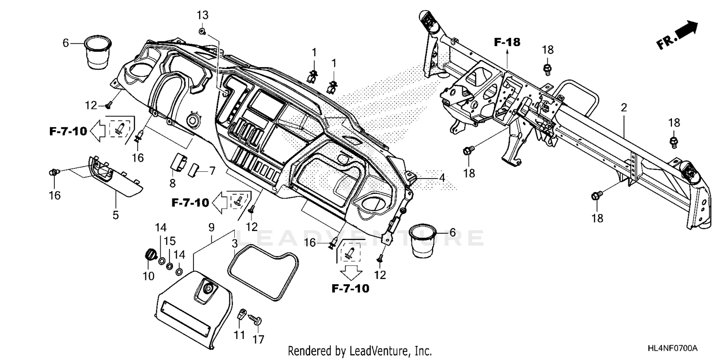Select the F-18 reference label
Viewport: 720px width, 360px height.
point(507,42)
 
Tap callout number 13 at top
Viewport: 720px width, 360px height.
point(202,15)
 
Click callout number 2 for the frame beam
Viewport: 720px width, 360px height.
point(624,108)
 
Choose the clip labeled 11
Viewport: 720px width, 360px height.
point(242,314)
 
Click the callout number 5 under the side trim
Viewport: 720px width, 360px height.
point(115,215)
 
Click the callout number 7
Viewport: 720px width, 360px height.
point(212,170)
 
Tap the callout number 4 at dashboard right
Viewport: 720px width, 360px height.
point(442,177)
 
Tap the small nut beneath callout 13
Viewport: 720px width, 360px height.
point(202,32)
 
